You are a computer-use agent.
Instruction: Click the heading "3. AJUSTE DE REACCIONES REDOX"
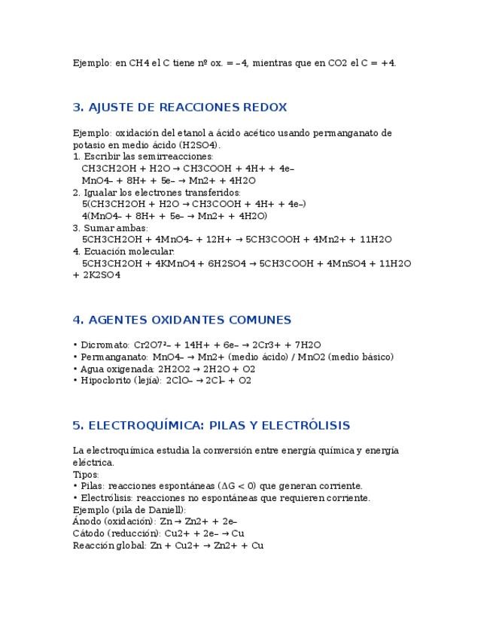tap(179, 108)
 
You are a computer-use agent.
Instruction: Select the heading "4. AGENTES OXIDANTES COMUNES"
tap(181, 320)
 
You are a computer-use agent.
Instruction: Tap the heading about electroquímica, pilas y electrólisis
tap(211, 426)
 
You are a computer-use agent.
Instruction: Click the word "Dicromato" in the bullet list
tap(99, 345)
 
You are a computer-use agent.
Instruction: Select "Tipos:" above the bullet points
tap(86, 475)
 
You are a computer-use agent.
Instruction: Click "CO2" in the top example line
tap(337, 63)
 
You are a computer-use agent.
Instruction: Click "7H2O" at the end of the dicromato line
tap(308, 345)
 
